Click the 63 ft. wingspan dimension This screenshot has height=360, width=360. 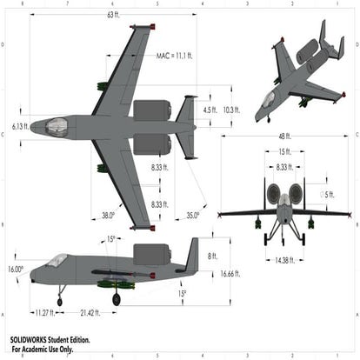point(113,16)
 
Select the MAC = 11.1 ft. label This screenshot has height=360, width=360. point(175,56)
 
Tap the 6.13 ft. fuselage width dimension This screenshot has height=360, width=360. point(20,126)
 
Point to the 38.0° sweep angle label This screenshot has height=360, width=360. point(108,215)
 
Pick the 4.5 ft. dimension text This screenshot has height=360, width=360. point(210,110)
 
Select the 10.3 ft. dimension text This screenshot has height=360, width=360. point(231,110)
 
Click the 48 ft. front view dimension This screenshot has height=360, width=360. point(283,137)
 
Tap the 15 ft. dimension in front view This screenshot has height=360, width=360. point(284,151)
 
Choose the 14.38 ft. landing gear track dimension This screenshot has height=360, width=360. point(283,259)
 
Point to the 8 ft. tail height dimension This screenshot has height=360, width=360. point(212,256)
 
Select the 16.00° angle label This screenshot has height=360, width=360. point(16,269)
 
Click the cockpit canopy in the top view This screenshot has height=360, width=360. point(56,126)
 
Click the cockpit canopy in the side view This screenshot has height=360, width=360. point(57,260)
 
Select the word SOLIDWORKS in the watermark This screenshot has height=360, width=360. point(31,340)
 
